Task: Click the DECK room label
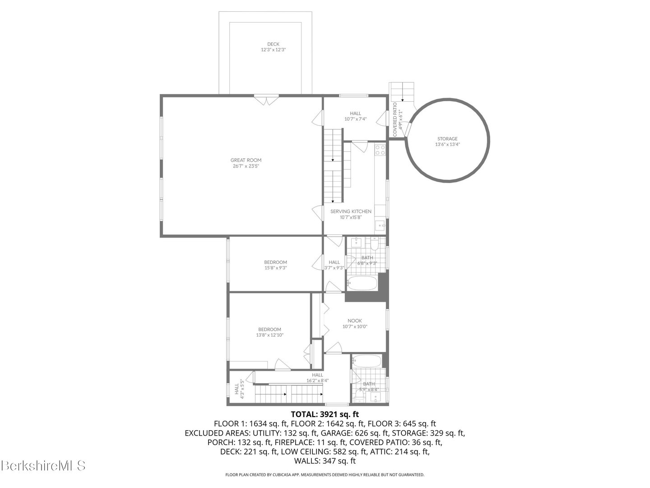point(273,44)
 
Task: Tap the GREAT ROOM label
point(246,160)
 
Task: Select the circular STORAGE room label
point(447,139)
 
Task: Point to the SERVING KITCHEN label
point(351,211)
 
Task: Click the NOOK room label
point(355,321)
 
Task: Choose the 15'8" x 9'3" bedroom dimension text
point(275,268)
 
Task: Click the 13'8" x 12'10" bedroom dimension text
point(269,335)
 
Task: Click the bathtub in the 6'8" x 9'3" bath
point(362,283)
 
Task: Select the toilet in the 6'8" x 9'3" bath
point(374,245)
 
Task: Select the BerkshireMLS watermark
point(43,465)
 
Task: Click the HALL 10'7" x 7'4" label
point(355,116)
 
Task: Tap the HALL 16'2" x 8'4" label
point(317,378)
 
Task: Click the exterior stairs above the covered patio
point(402,92)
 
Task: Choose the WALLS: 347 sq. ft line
point(325,461)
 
